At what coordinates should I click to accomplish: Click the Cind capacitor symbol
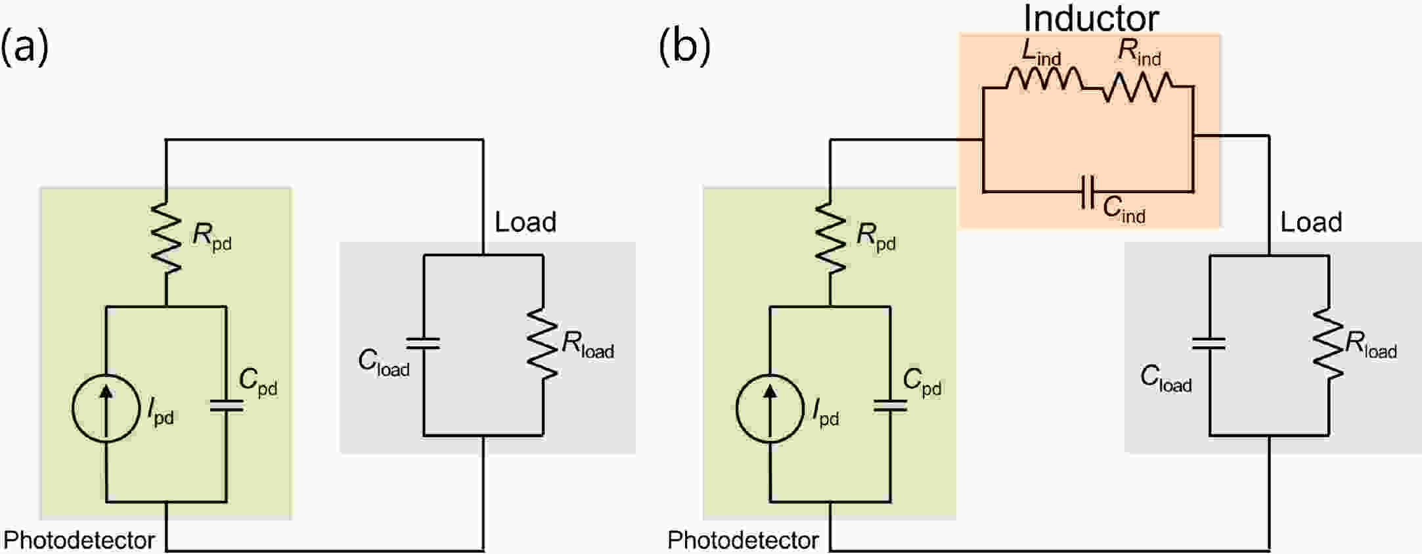[1088, 192]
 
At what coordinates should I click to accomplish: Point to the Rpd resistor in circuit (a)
[166, 237]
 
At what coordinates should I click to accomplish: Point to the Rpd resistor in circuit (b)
[830, 237]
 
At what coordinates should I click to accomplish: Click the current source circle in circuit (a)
[106, 409]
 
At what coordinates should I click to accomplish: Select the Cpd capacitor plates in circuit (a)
[226, 406]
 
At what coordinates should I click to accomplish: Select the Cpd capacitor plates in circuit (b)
[891, 406]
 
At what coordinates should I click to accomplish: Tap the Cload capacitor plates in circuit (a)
[424, 343]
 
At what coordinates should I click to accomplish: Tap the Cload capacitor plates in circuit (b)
[1209, 343]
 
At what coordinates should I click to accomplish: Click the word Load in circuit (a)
[525, 222]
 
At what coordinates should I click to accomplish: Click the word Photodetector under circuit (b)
[743, 540]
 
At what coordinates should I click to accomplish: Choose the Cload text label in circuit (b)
[1166, 379]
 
